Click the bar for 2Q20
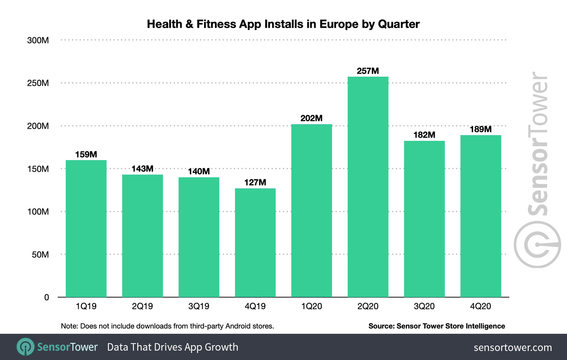point(368,187)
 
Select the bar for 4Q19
point(255,243)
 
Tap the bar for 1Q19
point(86,229)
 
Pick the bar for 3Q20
point(424,219)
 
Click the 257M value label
point(368,71)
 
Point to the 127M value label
point(255,182)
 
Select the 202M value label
point(311,118)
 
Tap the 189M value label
point(481,129)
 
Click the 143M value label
point(142,169)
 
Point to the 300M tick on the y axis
point(38,40)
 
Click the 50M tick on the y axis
point(40,255)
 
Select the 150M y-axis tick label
point(38,169)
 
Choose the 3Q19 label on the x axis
point(199,306)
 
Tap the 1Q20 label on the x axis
point(311,306)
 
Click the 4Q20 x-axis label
point(481,306)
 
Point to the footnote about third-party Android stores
point(167,326)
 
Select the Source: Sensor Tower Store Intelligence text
point(436,326)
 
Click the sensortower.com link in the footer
point(513,347)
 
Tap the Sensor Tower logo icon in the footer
point(26,347)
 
